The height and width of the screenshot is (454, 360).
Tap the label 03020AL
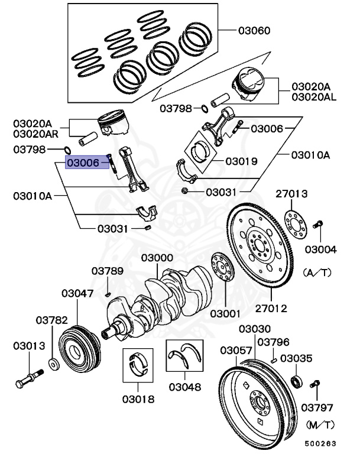pos(313,96)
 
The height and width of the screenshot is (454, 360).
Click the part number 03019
pos(241,160)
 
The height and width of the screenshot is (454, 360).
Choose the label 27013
pos(291,193)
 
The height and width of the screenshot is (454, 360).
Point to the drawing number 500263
pos(320,442)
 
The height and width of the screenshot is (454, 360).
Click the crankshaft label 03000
pos(157,258)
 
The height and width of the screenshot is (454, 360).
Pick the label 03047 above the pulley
pos(78,293)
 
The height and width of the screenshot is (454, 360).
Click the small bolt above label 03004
pos(319,224)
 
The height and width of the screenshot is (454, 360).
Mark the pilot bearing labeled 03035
pos(297,380)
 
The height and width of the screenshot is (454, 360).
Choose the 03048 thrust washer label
pos(185,387)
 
